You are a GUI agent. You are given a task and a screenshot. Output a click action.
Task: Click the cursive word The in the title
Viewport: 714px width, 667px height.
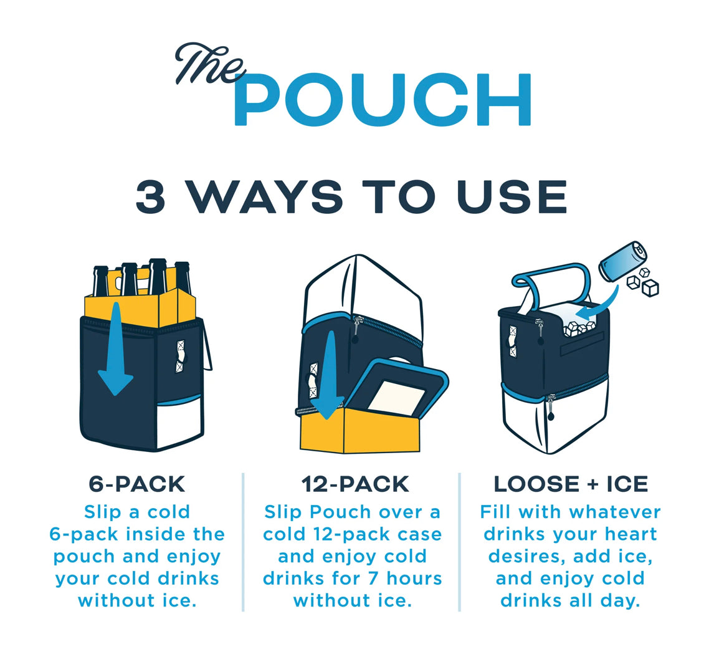coord(209,64)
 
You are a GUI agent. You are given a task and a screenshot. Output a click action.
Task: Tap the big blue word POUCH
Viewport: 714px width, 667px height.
coord(383,99)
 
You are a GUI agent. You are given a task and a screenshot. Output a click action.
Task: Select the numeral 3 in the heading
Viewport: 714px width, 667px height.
coord(151,196)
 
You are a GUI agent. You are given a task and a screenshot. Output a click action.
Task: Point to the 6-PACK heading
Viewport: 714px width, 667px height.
coord(136,484)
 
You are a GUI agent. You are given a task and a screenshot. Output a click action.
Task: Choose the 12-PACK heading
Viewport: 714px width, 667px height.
coord(355,484)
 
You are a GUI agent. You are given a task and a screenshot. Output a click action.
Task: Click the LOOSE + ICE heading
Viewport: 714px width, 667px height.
coord(571,484)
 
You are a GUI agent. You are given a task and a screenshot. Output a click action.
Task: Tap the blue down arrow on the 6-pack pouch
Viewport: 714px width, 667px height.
coord(116,348)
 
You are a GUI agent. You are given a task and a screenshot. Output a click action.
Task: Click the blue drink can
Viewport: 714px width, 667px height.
coord(622,261)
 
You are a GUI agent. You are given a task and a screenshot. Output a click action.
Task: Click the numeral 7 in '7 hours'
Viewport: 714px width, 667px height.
coord(373,578)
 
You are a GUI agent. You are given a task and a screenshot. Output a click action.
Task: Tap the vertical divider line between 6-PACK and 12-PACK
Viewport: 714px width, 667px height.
coord(244,542)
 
